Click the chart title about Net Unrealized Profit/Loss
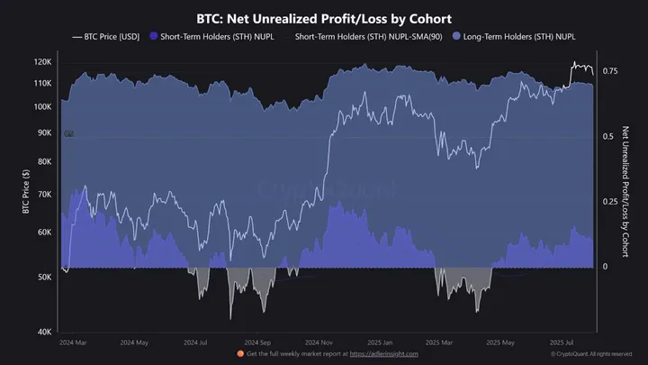click(x=323, y=18)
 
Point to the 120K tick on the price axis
click(x=42, y=62)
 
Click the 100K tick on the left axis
click(x=42, y=106)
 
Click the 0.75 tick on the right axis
click(x=611, y=70)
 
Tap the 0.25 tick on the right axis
click(x=611, y=202)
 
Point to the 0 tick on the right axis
click(x=606, y=268)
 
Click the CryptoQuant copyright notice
click(x=594, y=355)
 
